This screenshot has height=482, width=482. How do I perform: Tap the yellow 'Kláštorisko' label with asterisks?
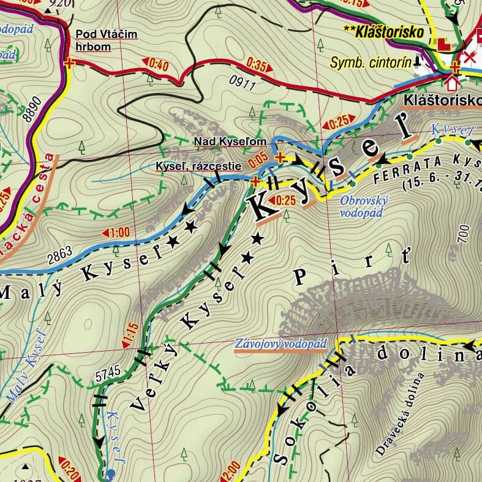coord(384,32)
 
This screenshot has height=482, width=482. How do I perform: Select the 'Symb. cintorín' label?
coord(371,62)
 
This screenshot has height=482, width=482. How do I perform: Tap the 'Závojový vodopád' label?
coord(281,344)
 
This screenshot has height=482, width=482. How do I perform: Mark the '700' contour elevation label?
coord(463,235)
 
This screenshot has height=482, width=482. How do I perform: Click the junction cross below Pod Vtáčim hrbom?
coord(69,62)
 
